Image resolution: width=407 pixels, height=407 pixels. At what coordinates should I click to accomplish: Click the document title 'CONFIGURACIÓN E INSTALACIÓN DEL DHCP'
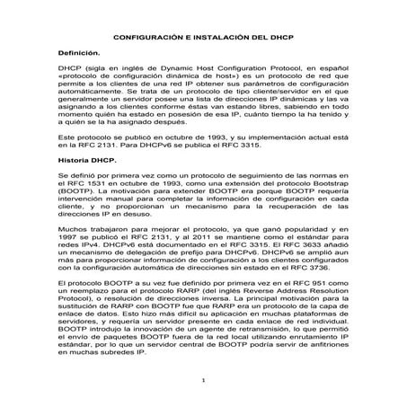(x=203, y=41)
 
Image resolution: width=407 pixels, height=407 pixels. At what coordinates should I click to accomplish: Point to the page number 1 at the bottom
(x=203, y=379)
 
